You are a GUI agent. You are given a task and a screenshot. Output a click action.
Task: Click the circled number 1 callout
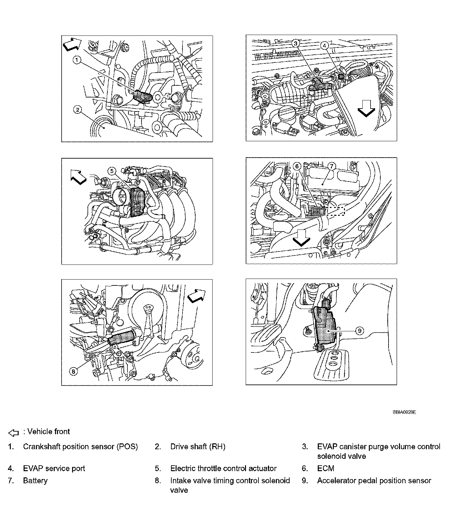77,60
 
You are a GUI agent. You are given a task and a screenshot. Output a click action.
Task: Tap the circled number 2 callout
77,110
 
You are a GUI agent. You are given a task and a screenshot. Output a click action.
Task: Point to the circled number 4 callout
324,46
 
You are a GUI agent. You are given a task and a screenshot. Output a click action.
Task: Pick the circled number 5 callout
112,171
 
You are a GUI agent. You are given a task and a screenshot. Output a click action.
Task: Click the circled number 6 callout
297,166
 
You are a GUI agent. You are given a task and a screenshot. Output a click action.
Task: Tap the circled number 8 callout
73,371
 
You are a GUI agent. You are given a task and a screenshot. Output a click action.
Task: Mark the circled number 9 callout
359,331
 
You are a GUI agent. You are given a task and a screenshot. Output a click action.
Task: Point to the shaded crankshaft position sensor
143,96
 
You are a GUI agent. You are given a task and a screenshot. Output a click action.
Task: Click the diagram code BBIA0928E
404,412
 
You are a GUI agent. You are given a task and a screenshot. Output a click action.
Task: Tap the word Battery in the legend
35,481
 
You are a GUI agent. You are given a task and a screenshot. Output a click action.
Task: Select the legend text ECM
326,468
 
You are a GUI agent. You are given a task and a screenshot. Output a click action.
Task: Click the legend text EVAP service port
54,468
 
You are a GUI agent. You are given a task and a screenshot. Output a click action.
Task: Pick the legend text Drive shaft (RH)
198,447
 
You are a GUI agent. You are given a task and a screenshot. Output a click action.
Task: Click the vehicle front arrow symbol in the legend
13,433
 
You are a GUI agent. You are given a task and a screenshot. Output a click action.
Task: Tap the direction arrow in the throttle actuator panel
79,177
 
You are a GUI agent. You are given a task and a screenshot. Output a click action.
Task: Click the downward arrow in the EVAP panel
366,109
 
